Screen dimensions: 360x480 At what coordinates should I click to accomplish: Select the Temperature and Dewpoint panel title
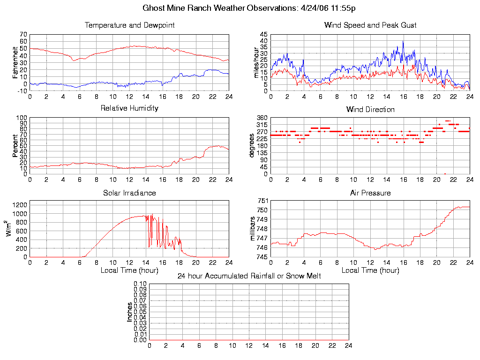(x=129, y=25)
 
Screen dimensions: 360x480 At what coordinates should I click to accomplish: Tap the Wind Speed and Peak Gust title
(x=370, y=25)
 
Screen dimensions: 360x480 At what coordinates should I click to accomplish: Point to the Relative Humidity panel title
(x=129, y=108)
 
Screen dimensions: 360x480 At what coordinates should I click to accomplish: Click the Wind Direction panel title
(x=370, y=110)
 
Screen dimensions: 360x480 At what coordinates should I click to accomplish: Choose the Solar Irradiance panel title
(x=129, y=193)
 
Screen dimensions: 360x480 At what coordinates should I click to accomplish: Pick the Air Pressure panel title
(x=370, y=193)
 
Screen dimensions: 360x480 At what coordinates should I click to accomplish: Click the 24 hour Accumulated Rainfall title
(x=249, y=276)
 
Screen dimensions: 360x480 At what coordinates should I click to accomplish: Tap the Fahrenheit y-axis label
(x=15, y=62)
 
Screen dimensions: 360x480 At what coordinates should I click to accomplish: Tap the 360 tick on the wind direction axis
(x=262, y=118)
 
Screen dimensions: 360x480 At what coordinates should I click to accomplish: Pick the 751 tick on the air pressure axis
(x=262, y=201)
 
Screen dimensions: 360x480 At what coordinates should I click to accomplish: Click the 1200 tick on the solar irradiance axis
(x=20, y=205)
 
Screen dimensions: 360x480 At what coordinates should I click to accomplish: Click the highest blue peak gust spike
(x=403, y=42)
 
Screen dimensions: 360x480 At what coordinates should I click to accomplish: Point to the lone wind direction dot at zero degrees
(x=445, y=174)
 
